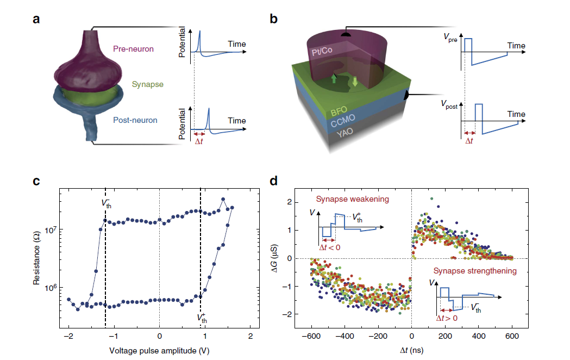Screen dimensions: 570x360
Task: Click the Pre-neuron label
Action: (133, 49)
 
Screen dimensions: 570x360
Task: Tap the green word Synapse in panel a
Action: (148, 84)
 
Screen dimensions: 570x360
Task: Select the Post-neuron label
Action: (135, 120)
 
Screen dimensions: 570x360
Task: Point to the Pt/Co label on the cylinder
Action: (322, 51)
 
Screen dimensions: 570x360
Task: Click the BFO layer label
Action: (339, 110)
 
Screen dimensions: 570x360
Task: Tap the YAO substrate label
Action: (344, 132)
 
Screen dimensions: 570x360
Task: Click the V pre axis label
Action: (450, 38)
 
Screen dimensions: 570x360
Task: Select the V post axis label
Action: (449, 104)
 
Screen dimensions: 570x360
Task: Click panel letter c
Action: (36, 181)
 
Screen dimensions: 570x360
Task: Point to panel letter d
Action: (274, 181)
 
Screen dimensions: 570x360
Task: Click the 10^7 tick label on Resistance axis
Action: (50, 230)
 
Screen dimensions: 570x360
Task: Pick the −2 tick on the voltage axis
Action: (68, 336)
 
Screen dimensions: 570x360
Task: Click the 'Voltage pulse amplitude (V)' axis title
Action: (159, 351)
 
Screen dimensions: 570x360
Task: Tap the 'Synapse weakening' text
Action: (352, 199)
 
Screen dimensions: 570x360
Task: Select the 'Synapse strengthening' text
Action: (475, 271)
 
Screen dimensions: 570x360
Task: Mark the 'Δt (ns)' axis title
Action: (411, 350)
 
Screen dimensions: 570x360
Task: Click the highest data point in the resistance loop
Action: (223, 199)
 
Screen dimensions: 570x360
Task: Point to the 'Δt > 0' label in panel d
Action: (447, 318)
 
